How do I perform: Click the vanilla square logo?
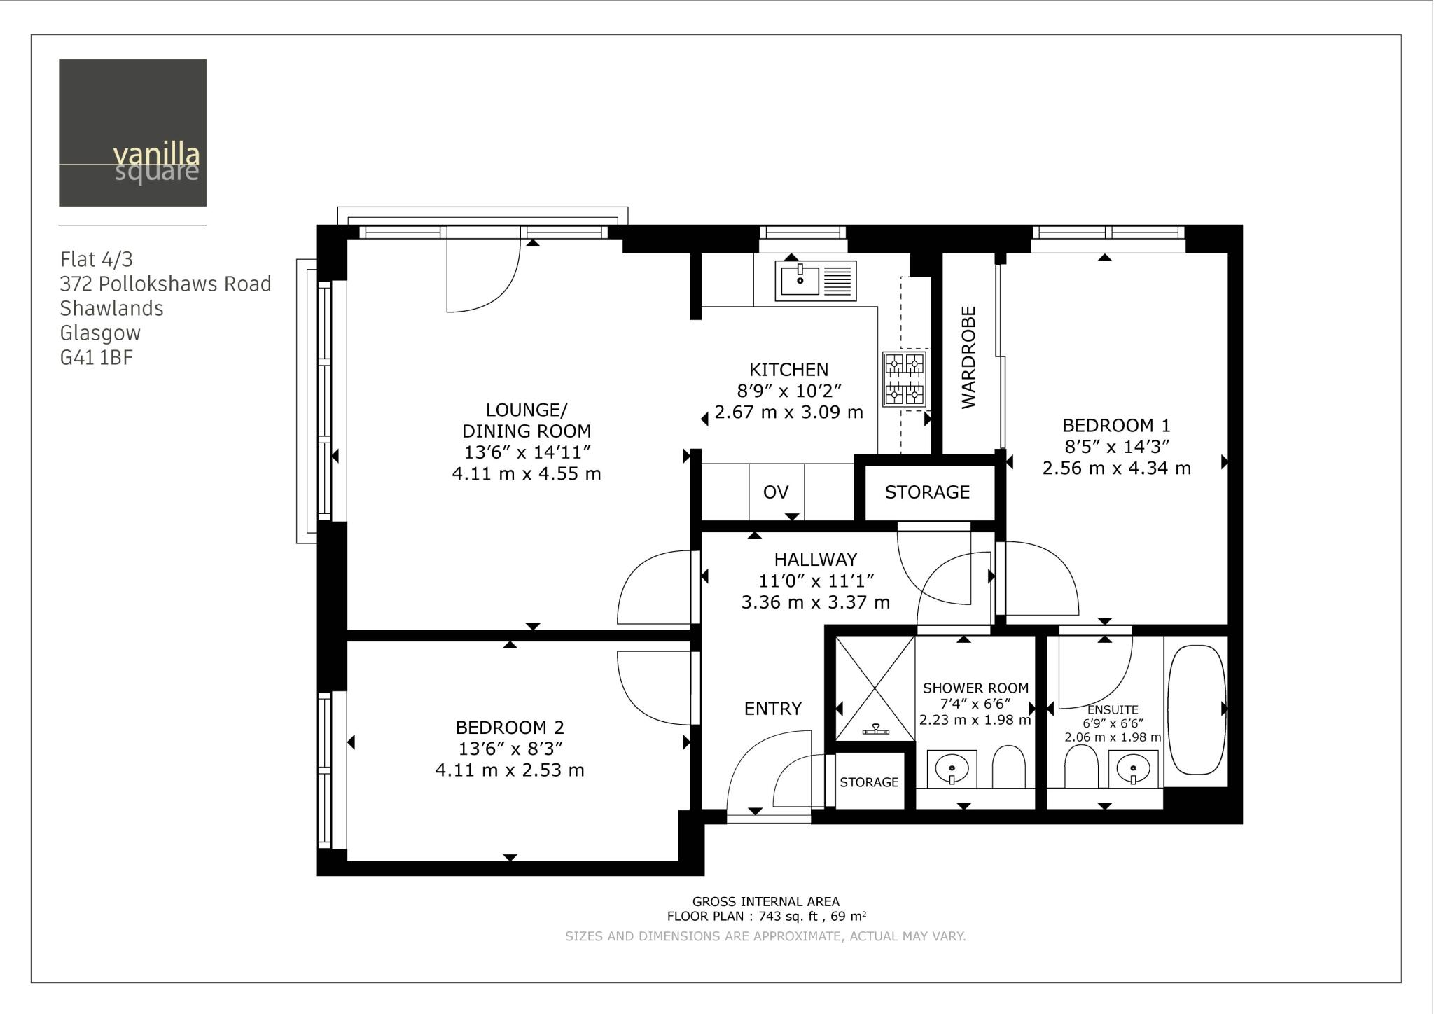(x=132, y=132)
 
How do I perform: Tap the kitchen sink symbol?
(x=815, y=281)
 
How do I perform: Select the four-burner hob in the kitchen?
(x=904, y=380)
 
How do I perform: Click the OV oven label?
(x=776, y=492)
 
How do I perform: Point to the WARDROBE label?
(x=968, y=357)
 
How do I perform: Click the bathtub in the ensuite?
(x=1196, y=709)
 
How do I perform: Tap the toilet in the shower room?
(x=1008, y=767)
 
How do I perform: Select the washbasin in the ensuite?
(x=1133, y=769)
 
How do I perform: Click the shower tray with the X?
(x=875, y=688)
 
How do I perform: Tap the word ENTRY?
(x=772, y=709)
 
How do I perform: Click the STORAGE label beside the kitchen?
(x=927, y=492)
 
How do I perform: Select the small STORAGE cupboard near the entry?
(x=869, y=782)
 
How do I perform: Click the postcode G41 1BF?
(x=97, y=358)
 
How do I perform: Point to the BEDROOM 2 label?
(x=510, y=728)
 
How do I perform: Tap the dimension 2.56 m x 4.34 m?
(x=1116, y=468)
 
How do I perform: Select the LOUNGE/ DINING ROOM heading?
(x=527, y=420)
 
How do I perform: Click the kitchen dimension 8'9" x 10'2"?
(x=788, y=391)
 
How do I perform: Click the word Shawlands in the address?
(x=111, y=309)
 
